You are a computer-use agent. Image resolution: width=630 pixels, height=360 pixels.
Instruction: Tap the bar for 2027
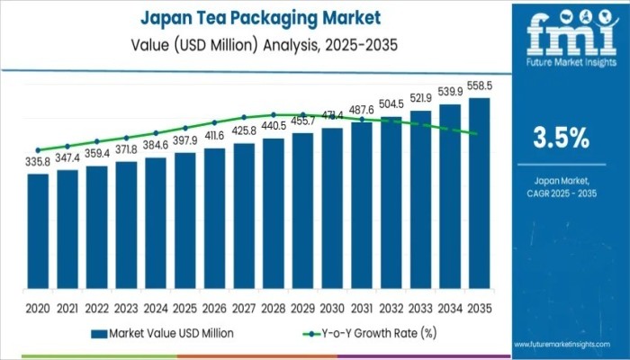pos(244,219)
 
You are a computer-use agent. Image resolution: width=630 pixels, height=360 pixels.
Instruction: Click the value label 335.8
pos(38,165)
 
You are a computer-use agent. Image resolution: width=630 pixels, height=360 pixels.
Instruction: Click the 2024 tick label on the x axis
pos(156,307)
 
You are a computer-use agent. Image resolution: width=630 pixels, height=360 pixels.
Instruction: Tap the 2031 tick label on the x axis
pos(362,307)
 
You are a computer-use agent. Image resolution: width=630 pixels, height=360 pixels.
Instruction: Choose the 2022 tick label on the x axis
pos(96,307)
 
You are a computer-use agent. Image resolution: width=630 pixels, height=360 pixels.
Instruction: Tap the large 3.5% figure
pos(562,138)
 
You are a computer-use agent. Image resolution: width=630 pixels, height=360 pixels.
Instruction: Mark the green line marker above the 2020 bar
pos(38,150)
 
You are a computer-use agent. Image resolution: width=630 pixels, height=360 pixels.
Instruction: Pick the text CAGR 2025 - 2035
pos(562,193)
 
